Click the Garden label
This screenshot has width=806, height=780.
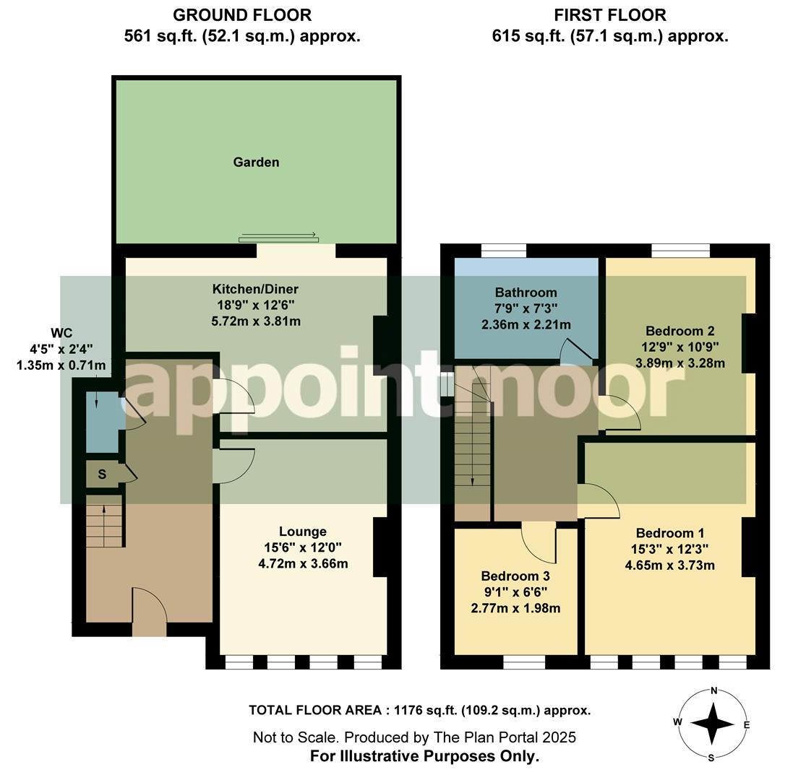click(256, 162)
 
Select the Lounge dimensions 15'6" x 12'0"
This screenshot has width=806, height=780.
click(306, 547)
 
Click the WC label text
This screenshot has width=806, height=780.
click(61, 333)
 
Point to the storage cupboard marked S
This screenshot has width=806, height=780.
click(102, 474)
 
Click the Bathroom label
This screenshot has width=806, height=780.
click(526, 292)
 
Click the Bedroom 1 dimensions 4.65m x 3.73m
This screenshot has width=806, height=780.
click(669, 565)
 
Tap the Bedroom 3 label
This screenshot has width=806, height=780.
click(515, 576)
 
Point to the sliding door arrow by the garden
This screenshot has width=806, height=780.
click(278, 236)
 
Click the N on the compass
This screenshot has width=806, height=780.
click(713, 690)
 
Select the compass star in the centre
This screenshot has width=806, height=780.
click(713, 724)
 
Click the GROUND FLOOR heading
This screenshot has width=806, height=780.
click(242, 15)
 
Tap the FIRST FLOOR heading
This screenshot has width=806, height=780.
click(609, 15)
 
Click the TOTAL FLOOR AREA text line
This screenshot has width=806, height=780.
click(419, 710)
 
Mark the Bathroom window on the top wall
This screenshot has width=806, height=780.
click(503, 251)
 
